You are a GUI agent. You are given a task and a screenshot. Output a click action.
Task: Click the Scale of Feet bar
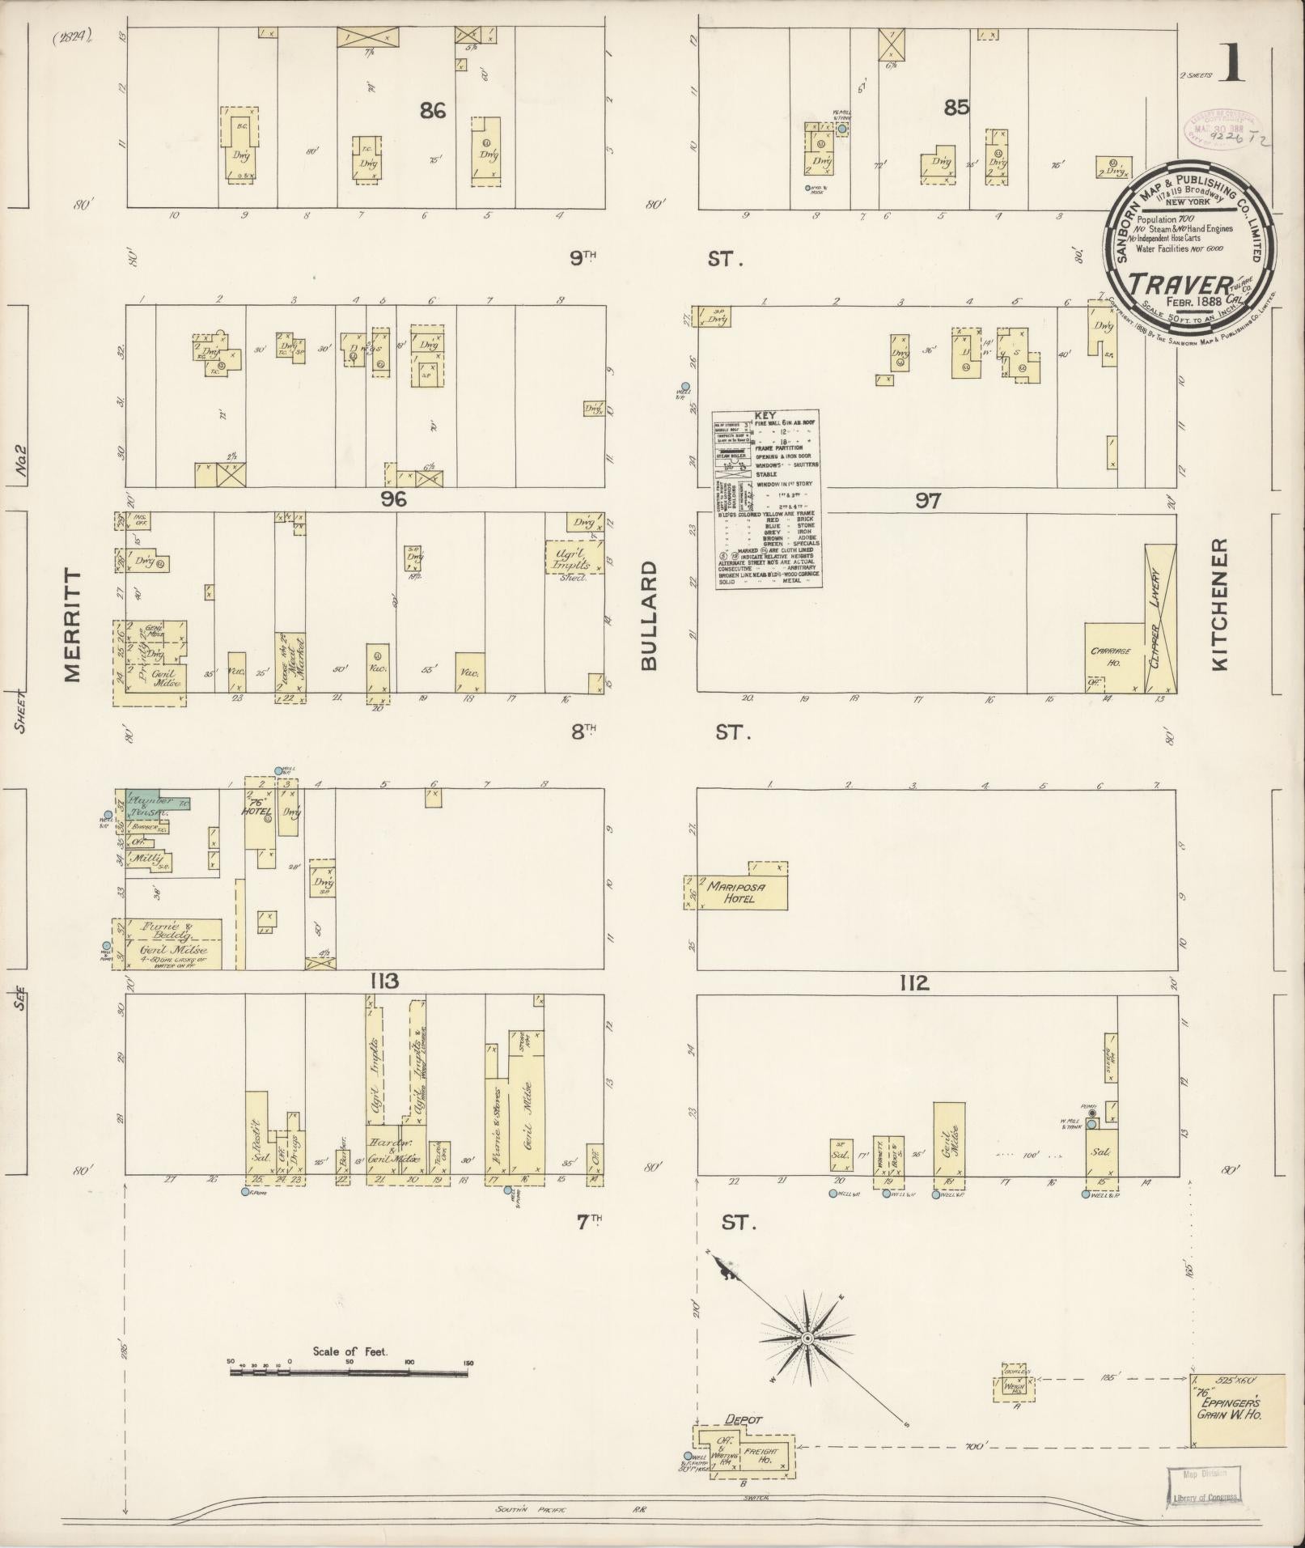tap(348, 1373)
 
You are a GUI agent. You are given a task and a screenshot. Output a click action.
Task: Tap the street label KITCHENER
tap(1220, 604)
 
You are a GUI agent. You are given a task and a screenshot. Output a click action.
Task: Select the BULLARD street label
tap(650, 616)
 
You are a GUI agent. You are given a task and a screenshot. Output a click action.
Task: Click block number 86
tap(433, 111)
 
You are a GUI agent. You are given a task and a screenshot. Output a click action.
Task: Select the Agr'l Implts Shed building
tap(574, 556)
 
